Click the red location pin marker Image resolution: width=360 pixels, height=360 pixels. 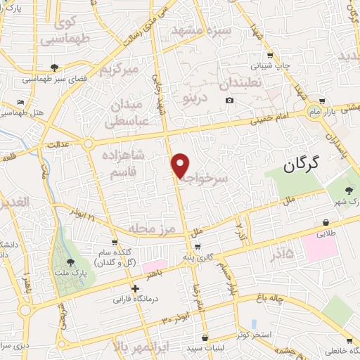(x=181, y=165)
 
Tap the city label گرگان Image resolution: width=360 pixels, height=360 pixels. (x=302, y=165)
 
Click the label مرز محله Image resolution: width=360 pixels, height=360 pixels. (x=150, y=229)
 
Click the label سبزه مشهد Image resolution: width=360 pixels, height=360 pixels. (x=203, y=32)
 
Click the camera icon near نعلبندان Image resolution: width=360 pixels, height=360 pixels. (x=229, y=101)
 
